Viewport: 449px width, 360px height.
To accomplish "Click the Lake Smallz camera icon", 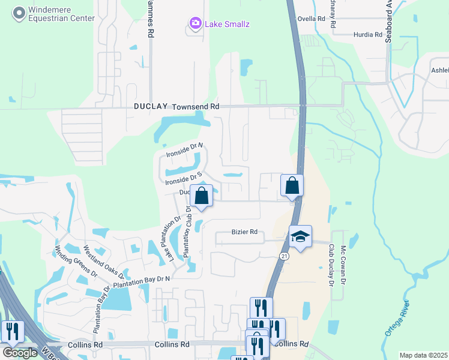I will point(195,24).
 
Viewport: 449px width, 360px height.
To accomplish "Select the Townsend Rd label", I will point(196,106).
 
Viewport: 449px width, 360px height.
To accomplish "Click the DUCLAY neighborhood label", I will point(151,106).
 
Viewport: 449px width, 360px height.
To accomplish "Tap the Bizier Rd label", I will point(244,232).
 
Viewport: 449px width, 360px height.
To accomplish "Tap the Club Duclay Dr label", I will point(330,265).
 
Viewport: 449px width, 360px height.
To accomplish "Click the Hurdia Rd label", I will point(368,35).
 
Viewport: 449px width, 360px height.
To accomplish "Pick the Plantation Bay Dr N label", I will point(142,280).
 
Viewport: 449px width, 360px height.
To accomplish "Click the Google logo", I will point(20,352).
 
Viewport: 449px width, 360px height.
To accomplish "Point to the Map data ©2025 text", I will point(423,355).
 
